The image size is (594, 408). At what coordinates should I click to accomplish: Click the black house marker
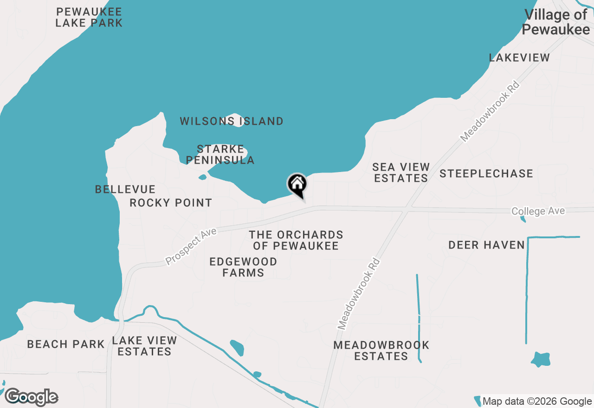297,185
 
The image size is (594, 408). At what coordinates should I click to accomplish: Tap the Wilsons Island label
232,121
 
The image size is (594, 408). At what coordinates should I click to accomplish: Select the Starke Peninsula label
220,155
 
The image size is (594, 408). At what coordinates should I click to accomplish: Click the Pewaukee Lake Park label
89,17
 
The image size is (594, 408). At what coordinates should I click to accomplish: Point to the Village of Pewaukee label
556,22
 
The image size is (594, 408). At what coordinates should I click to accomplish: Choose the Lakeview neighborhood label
520,58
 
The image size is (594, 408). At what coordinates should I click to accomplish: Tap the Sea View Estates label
401,172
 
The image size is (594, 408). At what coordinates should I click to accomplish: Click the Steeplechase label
486,174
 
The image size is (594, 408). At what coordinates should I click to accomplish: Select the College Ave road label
538,211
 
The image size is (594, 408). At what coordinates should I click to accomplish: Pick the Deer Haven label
486,245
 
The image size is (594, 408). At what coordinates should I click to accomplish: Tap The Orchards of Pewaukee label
296,240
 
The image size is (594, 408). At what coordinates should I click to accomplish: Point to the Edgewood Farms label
243,268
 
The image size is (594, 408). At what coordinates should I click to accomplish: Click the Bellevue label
125,189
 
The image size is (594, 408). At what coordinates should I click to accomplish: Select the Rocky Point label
171,203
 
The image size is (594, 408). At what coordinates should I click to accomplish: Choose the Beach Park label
66,344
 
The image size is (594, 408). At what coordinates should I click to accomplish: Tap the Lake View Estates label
144,346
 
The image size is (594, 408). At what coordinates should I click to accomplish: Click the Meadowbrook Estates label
381,351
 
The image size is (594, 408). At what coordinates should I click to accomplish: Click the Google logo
32,397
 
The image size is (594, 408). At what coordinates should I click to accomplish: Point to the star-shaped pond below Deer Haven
541,359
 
